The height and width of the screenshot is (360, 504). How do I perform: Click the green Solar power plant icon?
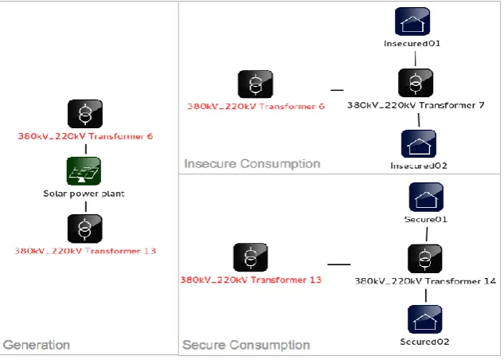pos(84,171)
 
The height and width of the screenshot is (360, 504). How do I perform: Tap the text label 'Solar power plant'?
pos(84,194)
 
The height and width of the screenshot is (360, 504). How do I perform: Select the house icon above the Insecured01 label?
pos(412,22)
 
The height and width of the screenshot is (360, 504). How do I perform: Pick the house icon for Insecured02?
pos(419,143)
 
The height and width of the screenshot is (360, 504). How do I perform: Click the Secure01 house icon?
pos(426,197)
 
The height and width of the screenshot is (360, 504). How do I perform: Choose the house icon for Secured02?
pos(424,319)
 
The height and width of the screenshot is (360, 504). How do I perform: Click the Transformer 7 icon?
pos(416,83)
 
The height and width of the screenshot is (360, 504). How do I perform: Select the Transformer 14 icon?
pos(424,259)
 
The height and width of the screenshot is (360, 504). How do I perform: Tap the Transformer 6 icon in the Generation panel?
pos(85,114)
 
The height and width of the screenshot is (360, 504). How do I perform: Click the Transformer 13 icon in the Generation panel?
pos(85,229)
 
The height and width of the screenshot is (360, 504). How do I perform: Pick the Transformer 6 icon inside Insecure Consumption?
pos(256,84)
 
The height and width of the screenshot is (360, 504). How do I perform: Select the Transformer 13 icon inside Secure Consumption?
pos(251,257)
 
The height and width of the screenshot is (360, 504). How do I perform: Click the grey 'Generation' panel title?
pos(37,345)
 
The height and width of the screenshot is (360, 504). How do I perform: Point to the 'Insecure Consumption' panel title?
pos(252,163)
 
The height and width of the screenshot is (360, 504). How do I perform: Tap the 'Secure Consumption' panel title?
pos(246,345)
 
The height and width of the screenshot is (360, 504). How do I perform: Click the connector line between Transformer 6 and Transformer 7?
pos(337,90)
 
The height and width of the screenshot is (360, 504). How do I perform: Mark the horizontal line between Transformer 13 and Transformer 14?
pos(338,264)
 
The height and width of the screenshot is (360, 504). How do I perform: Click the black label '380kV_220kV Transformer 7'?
pos(416,105)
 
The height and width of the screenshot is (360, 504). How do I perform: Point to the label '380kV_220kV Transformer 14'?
pos(425,281)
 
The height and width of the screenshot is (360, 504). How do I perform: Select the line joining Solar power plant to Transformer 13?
pos(86,206)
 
